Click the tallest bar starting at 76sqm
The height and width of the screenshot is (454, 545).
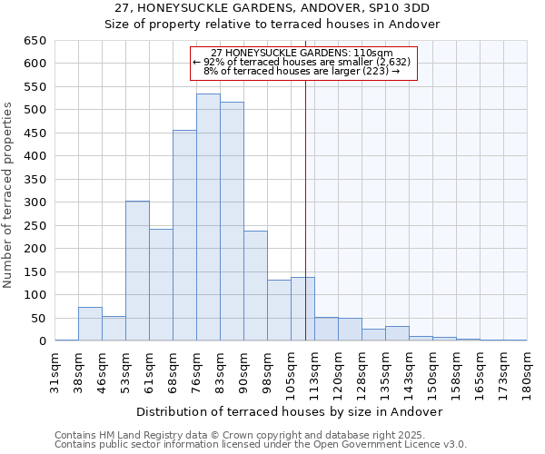208,218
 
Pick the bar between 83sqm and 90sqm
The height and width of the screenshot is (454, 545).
232,222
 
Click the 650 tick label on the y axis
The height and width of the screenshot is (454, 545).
35,41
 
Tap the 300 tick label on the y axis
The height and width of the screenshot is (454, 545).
35,202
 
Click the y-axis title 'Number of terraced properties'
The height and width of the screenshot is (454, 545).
8,195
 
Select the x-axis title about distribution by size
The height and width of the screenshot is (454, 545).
291,411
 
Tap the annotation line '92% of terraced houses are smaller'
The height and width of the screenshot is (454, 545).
302,62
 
